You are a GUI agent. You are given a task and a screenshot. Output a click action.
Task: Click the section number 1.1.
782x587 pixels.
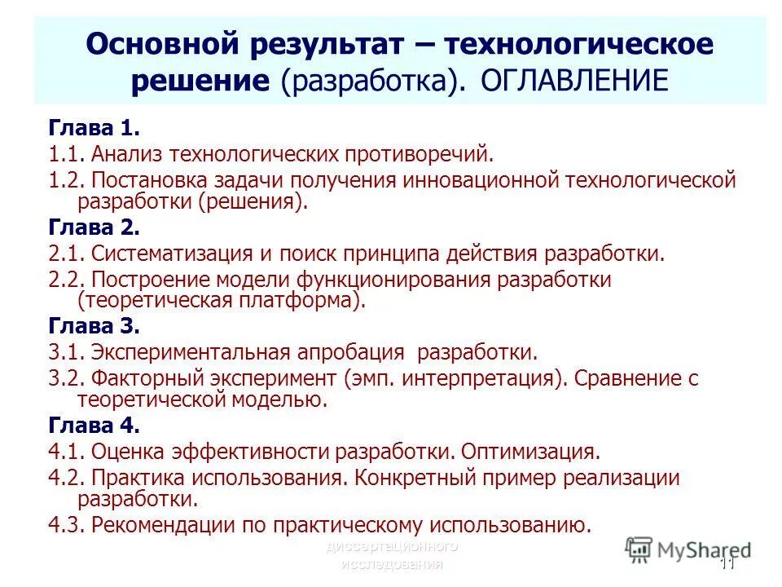67,153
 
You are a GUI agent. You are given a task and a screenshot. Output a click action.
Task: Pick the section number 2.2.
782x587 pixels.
67,280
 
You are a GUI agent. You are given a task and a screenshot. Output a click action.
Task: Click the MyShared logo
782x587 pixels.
688,549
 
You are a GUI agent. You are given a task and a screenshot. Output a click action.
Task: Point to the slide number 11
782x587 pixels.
727,564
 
